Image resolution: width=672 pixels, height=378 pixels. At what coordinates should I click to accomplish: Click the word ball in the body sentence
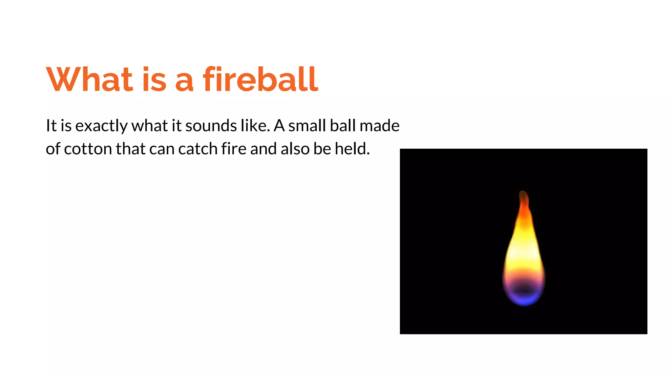(343, 126)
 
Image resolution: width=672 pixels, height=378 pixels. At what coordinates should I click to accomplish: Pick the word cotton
(88, 149)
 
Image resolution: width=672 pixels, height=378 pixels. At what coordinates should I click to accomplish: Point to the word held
(352, 149)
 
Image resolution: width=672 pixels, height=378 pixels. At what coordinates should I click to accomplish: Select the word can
(162, 149)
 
